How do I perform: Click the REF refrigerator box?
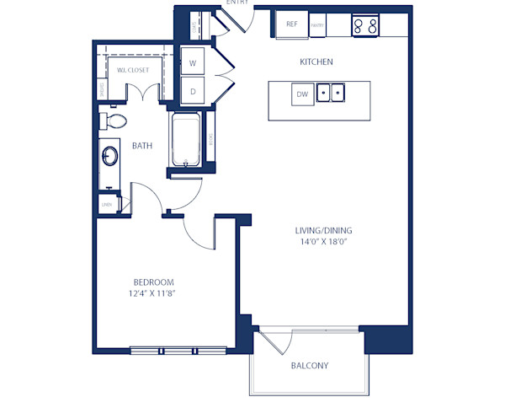[x=292, y=24]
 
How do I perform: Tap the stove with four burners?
[x=365, y=25]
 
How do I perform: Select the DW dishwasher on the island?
[x=303, y=95]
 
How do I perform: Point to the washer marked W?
[x=193, y=63]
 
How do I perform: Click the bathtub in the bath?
[x=185, y=142]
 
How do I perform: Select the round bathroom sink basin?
[x=110, y=156]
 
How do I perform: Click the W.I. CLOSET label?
[x=133, y=70]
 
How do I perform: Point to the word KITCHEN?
[x=316, y=62]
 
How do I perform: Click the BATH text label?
[x=142, y=146]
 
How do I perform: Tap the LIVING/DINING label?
[x=323, y=230]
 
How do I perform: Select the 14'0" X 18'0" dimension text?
[x=323, y=242]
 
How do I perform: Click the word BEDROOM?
[x=153, y=282]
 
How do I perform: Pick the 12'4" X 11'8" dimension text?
[x=153, y=293]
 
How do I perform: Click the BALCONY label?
[x=310, y=366]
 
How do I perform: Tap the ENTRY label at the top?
[x=237, y=3]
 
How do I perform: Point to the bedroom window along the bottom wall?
[x=178, y=348]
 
